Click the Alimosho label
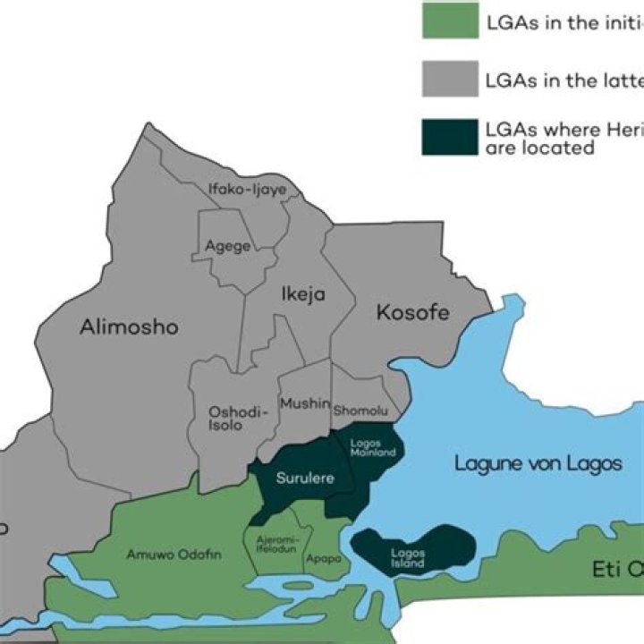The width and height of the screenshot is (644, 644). (129, 327)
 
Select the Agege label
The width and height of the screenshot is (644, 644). (227, 246)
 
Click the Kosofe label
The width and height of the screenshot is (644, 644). (412, 313)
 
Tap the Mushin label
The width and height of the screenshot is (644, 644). (305, 404)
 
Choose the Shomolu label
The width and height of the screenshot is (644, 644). (361, 411)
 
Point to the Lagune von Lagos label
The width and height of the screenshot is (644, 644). (538, 463)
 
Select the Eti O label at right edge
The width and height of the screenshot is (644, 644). (618, 569)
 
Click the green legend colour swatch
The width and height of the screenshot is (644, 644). (449, 21)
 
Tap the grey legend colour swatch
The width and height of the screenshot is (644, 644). (449, 79)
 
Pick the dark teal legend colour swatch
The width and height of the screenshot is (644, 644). (449, 137)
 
